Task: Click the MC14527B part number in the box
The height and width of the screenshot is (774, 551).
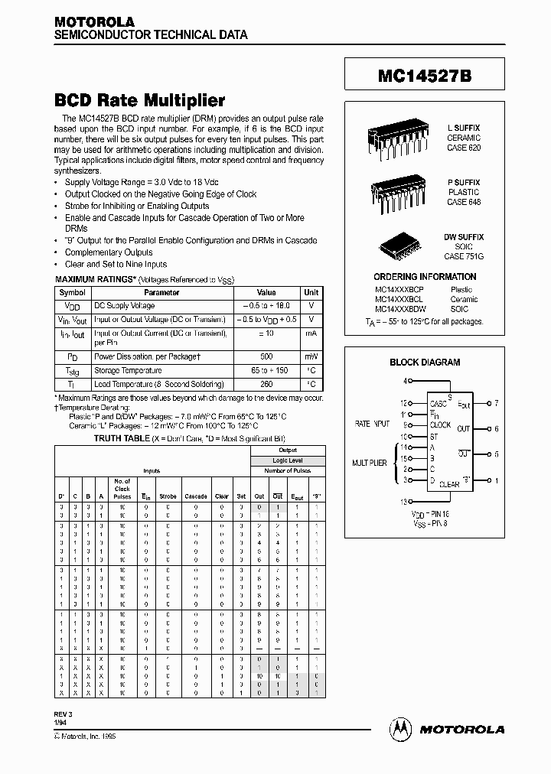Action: pos(429,77)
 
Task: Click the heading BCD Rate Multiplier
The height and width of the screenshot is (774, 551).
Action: pos(139,100)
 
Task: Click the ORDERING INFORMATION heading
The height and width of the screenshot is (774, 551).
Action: pos(425,277)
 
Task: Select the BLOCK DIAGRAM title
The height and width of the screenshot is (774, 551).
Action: pos(425,363)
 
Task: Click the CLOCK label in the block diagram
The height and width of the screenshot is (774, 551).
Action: pos(441,424)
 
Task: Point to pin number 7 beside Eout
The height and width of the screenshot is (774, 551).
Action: pos(496,402)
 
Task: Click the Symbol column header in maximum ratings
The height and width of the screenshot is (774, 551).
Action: pos(72,293)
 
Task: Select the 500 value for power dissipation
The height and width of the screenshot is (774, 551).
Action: pos(266,356)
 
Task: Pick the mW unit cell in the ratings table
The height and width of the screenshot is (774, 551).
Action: pos(311,356)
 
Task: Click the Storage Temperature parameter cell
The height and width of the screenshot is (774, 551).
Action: pos(128,370)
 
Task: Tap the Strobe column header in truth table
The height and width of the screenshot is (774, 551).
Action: pos(168,496)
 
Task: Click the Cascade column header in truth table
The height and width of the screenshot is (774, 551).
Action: pos(196,496)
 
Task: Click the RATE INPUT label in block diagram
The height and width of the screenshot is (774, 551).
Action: pos(372,423)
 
